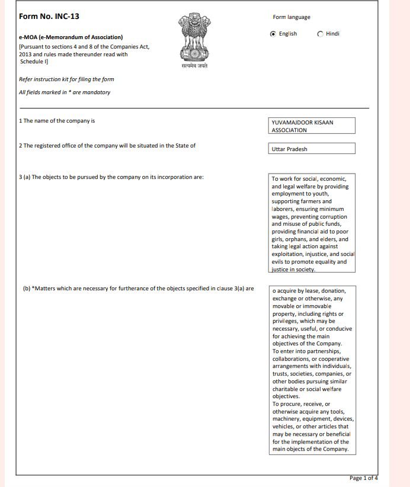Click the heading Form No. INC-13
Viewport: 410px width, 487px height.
49,16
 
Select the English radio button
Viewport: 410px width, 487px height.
273,34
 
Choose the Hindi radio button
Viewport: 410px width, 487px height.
320,34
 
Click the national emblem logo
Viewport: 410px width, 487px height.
194,38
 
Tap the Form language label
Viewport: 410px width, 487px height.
291,17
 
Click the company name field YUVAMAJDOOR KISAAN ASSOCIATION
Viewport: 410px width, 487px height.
312,126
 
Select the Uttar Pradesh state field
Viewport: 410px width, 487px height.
312,149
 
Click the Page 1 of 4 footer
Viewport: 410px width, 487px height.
363,478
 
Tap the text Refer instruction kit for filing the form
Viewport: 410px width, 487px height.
66,79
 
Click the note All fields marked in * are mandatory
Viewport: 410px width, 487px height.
65,92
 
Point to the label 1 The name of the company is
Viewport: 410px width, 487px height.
57,121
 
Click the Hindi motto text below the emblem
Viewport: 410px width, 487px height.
194,66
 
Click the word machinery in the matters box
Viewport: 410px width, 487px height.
288,419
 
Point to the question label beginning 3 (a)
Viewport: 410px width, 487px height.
111,177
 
